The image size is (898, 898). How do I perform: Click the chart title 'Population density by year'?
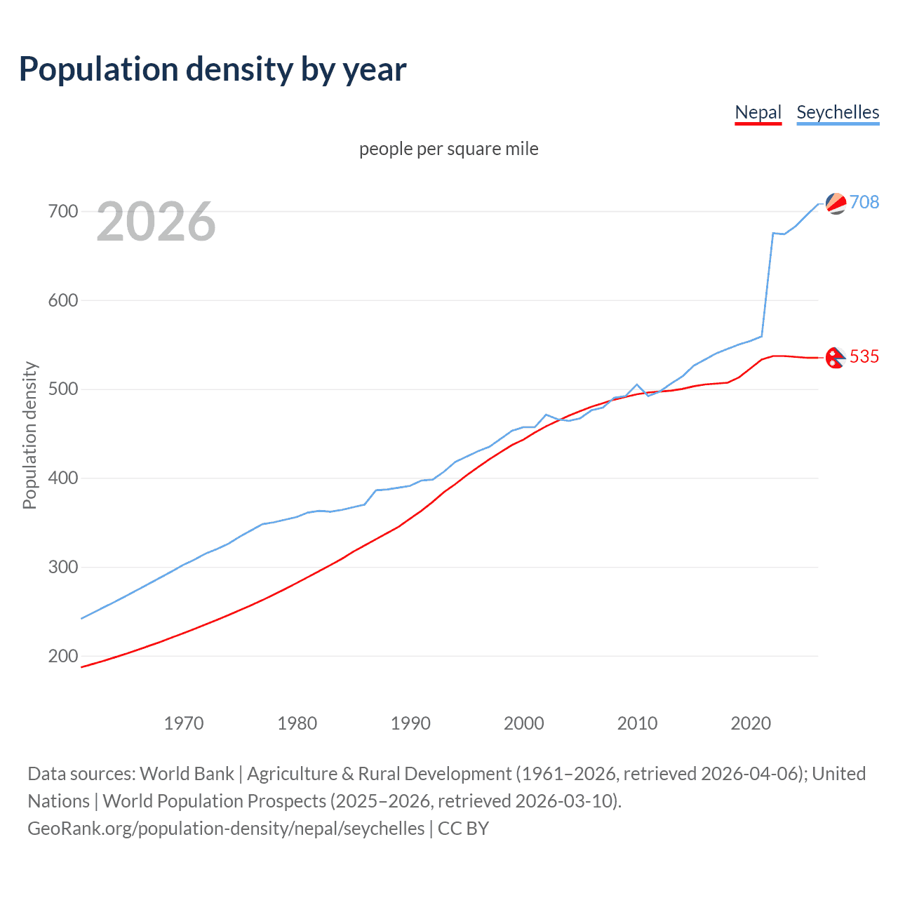[x=213, y=69]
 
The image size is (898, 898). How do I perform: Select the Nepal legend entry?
[x=758, y=112]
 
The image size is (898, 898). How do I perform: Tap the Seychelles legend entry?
[x=838, y=112]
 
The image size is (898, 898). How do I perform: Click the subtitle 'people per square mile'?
[x=448, y=149]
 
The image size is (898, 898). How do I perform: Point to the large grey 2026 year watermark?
[x=156, y=222]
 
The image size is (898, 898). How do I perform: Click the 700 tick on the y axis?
[x=62, y=211]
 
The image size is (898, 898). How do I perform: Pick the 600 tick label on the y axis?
[x=62, y=300]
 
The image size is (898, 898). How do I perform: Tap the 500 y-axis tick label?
[x=62, y=389]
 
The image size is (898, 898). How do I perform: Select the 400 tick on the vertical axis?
[x=62, y=478]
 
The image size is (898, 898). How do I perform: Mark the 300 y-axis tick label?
[x=62, y=567]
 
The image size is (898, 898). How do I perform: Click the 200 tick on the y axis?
[x=62, y=656]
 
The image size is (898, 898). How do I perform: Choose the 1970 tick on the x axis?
[x=184, y=723]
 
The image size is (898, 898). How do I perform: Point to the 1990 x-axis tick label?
[x=410, y=723]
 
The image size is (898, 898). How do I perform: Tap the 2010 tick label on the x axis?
[x=637, y=723]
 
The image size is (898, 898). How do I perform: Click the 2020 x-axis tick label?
[x=751, y=723]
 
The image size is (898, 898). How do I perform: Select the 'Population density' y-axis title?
[x=29, y=435]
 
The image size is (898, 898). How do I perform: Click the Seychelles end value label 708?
[x=864, y=202]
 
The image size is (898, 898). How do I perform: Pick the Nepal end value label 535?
[x=864, y=356]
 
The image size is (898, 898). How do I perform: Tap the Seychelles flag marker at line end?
[x=836, y=203]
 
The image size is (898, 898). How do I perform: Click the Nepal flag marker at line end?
[x=835, y=358]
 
